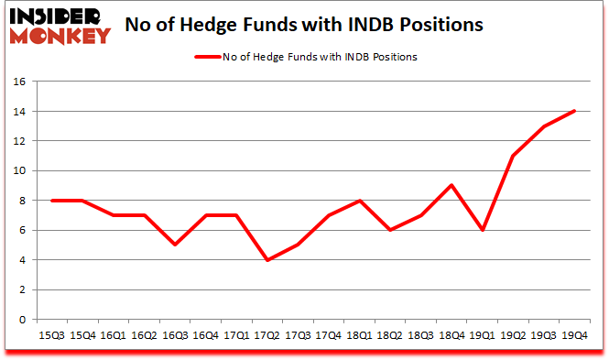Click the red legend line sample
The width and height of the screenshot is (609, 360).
207,57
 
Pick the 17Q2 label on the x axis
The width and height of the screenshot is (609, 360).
266,335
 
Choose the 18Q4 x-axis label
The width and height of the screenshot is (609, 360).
452,335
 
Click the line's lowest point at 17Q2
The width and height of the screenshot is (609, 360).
266,260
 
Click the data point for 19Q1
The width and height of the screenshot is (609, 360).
483,230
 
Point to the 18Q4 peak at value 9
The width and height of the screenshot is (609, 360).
452,185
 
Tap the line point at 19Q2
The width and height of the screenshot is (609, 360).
514,156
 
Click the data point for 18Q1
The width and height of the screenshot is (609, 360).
359,201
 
